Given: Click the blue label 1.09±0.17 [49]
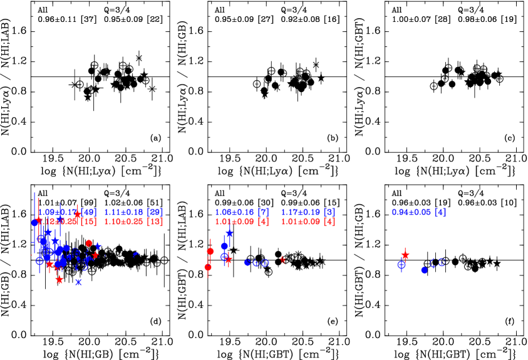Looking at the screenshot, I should (66, 212).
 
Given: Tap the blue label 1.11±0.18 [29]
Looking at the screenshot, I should (133, 212).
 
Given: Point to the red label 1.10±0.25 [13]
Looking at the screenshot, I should (133, 222).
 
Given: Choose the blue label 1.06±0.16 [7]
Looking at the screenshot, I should (242, 212).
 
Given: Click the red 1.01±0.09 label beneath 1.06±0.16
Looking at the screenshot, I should (242, 222).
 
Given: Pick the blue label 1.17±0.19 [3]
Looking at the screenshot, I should (308, 212).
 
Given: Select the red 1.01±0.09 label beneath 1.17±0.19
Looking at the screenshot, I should (308, 222).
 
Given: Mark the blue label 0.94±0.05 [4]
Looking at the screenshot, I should (418, 212).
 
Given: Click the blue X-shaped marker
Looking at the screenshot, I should (78, 282).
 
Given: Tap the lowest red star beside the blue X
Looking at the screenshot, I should (60, 280).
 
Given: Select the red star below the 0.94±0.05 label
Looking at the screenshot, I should (405, 255).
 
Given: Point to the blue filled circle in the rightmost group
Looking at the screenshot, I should (424, 270).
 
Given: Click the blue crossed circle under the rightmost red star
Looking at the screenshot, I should (401, 265).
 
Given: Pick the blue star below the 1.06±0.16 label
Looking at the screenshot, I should (229, 234).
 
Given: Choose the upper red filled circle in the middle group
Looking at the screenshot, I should (210, 251).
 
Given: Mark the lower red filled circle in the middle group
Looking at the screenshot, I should (208, 267).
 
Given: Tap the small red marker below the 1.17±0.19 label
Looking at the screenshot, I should (282, 259).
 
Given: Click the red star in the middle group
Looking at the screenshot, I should (229, 259).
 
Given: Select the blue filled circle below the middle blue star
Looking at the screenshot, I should (224, 246).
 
